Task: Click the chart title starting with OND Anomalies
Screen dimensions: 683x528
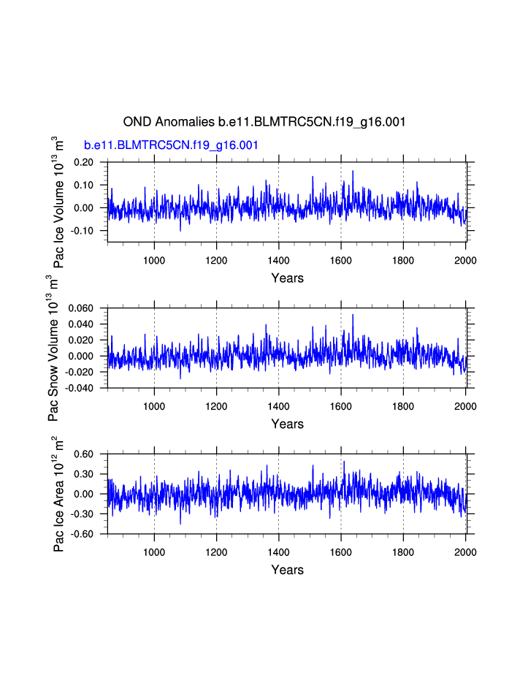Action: (x=264, y=122)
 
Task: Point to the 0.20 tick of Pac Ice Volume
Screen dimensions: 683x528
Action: (x=84, y=162)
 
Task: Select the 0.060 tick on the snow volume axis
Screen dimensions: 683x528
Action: (x=81, y=308)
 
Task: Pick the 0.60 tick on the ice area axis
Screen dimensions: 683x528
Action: (x=84, y=454)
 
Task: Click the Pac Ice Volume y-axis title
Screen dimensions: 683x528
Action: (x=59, y=202)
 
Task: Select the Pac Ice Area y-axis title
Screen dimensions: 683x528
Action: (x=59, y=494)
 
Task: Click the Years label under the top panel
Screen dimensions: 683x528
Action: (x=287, y=278)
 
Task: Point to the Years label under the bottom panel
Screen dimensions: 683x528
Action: (x=287, y=570)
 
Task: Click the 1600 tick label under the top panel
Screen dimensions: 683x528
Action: (x=341, y=261)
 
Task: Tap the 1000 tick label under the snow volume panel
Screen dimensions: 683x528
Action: (x=154, y=406)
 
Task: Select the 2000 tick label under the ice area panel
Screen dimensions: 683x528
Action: (x=466, y=552)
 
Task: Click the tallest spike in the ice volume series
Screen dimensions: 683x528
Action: (x=353, y=171)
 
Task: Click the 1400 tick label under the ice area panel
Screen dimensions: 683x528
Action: (x=278, y=552)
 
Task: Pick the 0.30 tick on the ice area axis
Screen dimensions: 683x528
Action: (x=84, y=474)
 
